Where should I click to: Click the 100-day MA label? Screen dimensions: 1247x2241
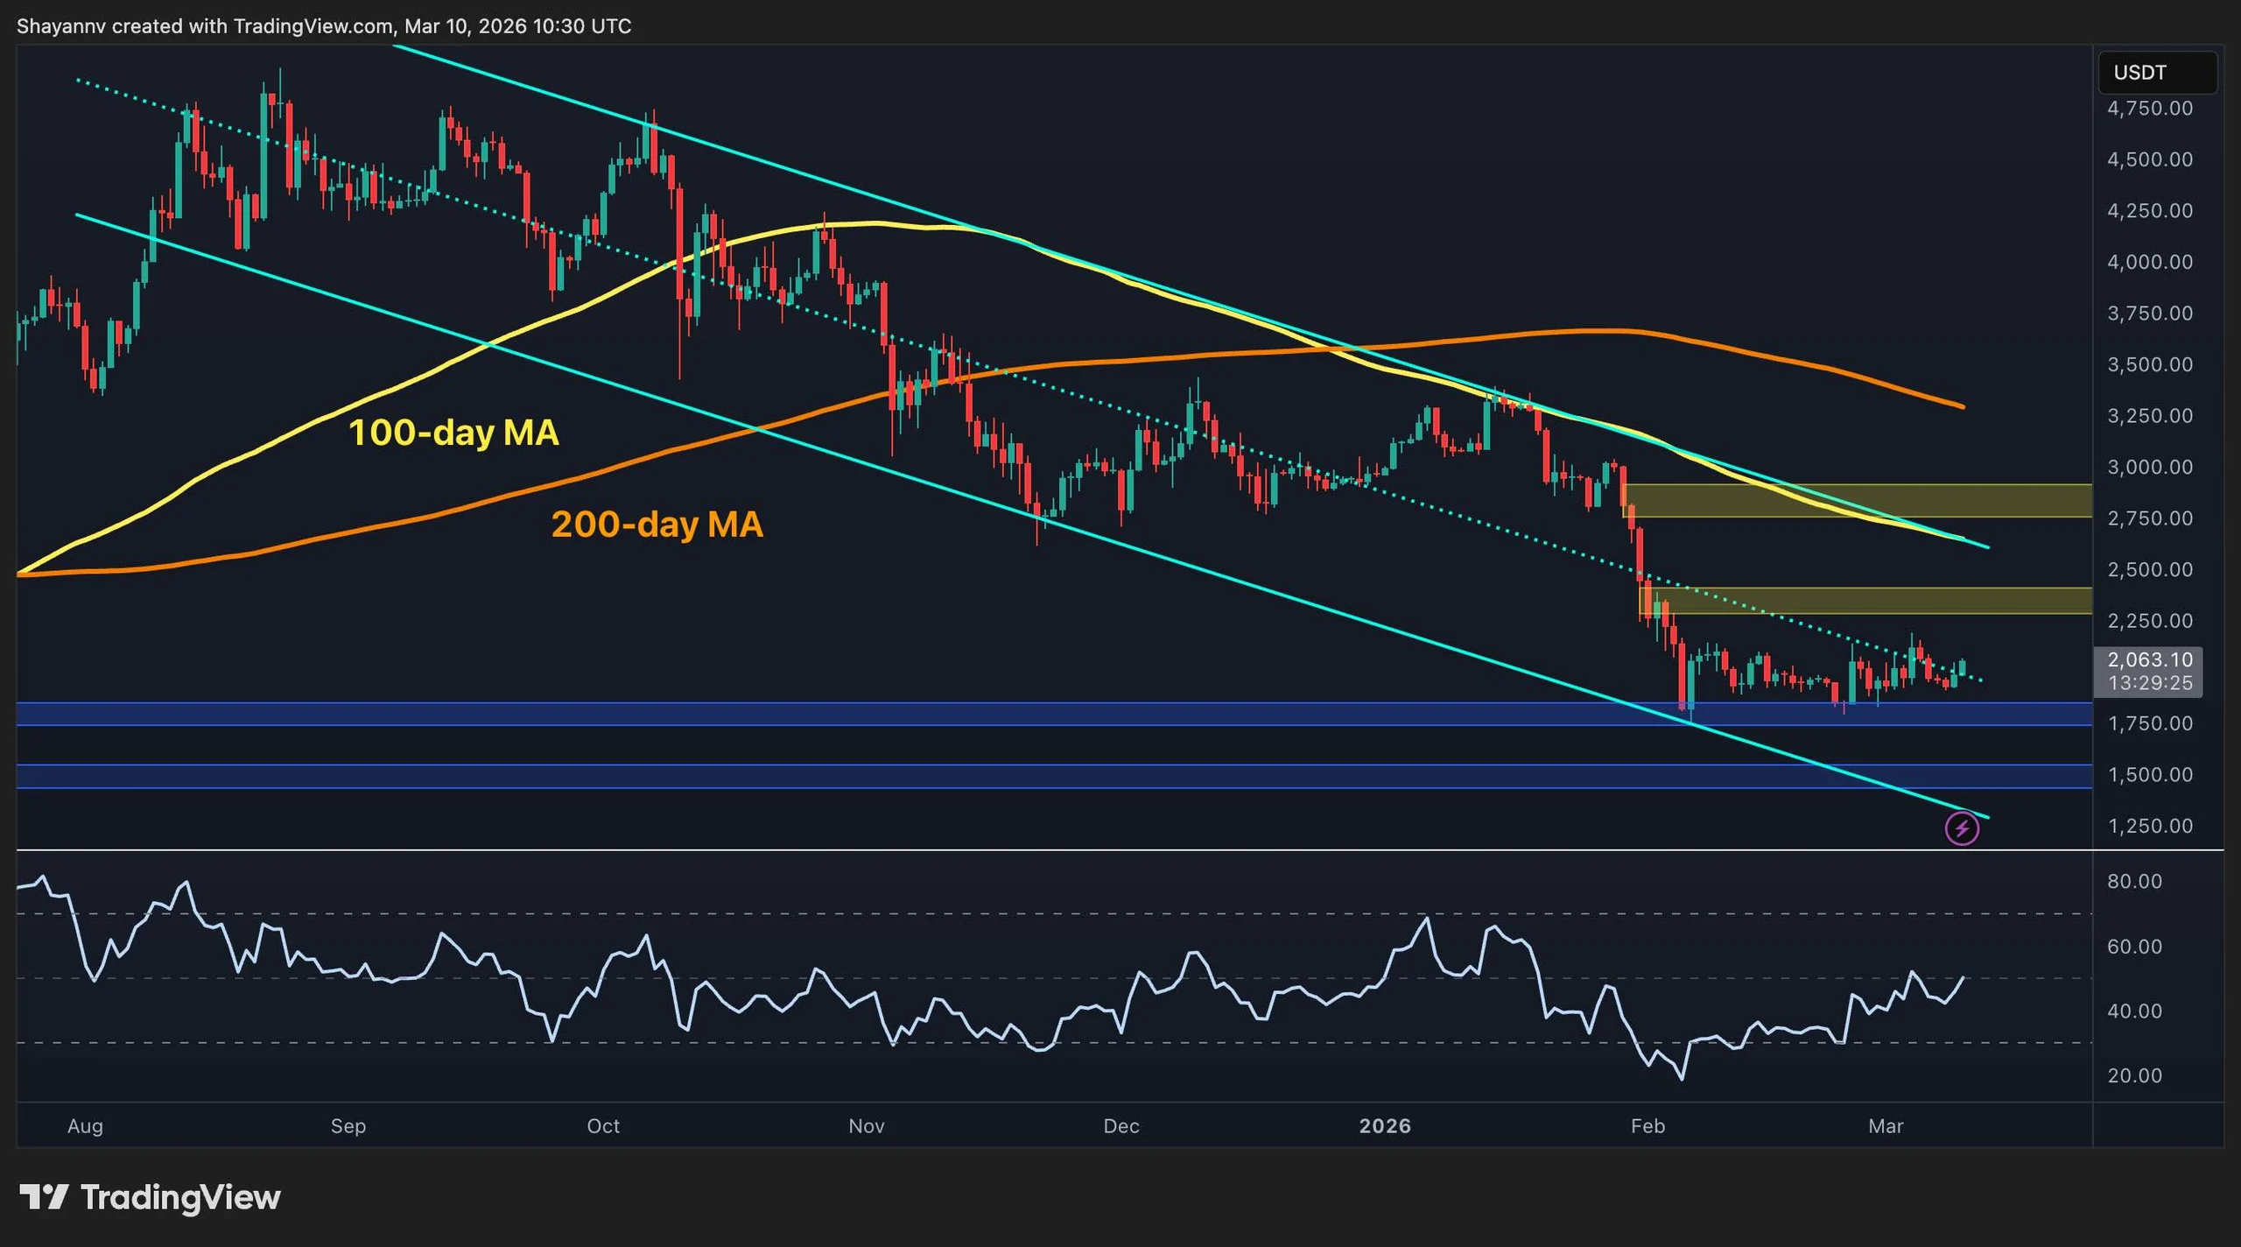pos(453,433)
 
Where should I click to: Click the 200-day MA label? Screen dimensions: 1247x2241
pos(657,525)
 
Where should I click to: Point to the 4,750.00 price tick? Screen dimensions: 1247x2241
pos(2149,109)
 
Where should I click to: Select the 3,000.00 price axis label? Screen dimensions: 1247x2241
pos(2149,467)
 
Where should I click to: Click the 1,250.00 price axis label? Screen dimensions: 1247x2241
pos(2149,826)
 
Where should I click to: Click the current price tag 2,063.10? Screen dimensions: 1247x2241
pos(2149,660)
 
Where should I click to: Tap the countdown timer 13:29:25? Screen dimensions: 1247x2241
pos(2149,683)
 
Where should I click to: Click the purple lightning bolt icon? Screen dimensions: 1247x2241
pos(1962,828)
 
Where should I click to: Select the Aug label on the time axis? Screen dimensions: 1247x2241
pos(85,1126)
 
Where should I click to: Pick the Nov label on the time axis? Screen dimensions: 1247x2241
pos(866,1126)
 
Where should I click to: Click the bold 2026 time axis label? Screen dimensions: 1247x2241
pos(1384,1126)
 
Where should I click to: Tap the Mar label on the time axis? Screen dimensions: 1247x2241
pos(1885,1126)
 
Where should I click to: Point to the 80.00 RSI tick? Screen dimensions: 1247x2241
pos(2134,882)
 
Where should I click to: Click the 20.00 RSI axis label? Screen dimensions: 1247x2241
pos(2134,1075)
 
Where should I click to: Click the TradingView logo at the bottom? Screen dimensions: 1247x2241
pos(151,1197)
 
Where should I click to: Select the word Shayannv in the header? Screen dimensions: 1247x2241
pos(61,26)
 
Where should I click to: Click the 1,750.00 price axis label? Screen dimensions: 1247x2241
pos(2149,723)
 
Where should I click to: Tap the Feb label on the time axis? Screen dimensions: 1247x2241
pos(1647,1126)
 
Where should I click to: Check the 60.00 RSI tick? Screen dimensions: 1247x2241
pos(2134,947)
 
